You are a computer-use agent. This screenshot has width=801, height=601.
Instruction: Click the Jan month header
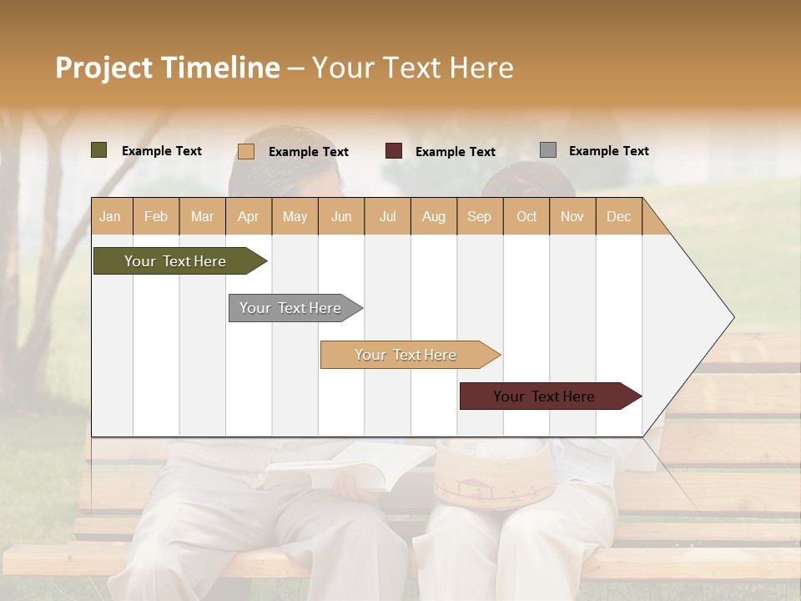(111, 216)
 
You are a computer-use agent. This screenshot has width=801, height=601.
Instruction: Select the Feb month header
(156, 216)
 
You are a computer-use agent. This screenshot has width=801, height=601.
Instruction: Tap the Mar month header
(202, 216)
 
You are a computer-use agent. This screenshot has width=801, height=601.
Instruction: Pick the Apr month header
(249, 216)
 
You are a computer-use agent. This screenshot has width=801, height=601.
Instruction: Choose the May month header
(295, 216)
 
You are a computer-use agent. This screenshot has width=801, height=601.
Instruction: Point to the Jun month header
(341, 216)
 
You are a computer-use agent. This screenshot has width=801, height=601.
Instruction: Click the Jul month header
(387, 216)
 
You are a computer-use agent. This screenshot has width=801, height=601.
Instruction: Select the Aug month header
(434, 216)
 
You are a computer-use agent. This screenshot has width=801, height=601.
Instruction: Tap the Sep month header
(480, 216)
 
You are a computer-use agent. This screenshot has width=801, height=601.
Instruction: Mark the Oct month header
(526, 216)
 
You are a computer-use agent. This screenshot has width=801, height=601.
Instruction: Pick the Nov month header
(572, 216)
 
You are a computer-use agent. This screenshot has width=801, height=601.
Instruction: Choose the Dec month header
(619, 216)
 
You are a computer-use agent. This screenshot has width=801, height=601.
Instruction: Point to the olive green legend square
(99, 150)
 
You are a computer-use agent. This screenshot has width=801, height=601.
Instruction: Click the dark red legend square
(394, 151)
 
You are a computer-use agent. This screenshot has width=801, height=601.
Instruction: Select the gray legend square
(548, 150)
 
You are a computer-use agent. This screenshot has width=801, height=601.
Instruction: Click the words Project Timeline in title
(168, 68)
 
